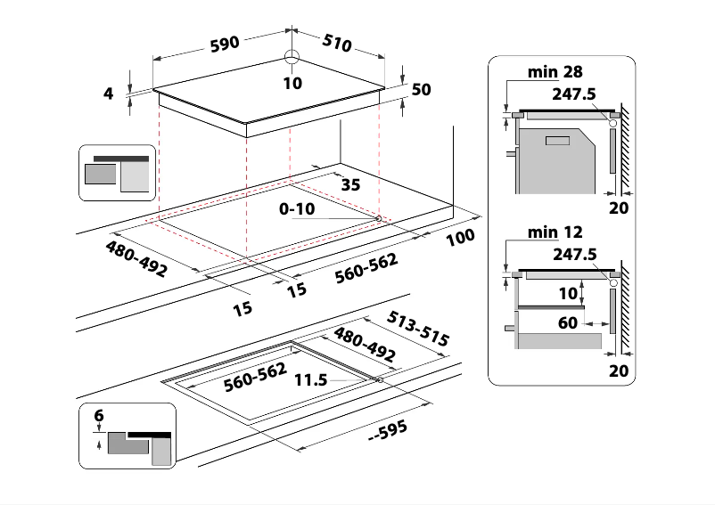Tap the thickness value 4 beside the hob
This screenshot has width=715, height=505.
point(109,92)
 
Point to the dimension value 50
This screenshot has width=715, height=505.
point(422,89)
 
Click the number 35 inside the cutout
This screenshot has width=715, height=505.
point(350,184)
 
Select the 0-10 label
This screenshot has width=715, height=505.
point(296,210)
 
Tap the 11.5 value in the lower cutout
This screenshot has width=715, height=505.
point(311,380)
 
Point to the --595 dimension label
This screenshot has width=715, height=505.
point(388,429)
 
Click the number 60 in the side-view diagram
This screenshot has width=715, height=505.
point(568,322)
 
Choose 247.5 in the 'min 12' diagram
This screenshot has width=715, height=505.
point(573,253)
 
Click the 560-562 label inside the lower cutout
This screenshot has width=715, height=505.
point(254,378)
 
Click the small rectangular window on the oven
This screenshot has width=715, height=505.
point(558,141)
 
